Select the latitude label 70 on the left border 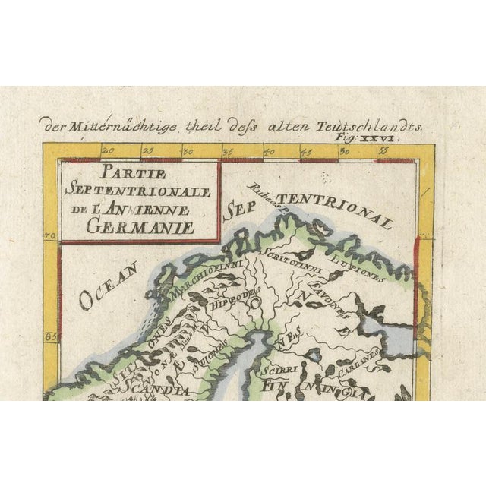point(52,236)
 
